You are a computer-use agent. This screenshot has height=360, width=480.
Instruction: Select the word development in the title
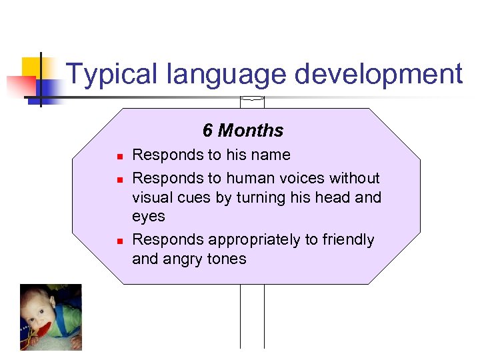point(379,74)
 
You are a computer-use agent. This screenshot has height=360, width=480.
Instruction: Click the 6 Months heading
point(243,131)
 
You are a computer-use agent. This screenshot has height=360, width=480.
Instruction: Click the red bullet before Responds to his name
point(117,157)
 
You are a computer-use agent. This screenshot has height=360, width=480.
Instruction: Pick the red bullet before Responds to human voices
point(117,180)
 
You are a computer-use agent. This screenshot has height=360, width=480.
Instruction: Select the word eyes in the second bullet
point(148,217)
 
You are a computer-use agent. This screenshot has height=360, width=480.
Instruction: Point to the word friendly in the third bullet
point(347,240)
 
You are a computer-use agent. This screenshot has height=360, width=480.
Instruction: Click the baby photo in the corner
point(51,317)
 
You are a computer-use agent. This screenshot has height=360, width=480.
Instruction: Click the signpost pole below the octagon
point(252,317)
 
